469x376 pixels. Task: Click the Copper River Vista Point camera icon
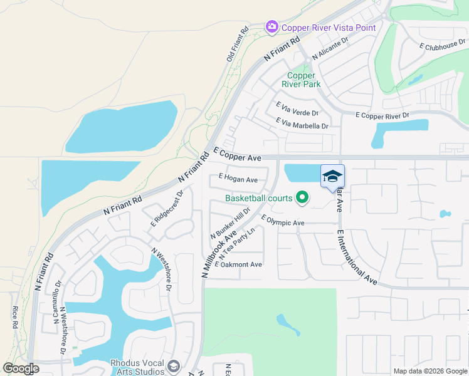(x=272, y=27)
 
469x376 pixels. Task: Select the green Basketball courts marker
(x=302, y=199)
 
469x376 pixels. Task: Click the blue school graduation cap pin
(x=332, y=175)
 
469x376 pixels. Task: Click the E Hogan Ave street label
(x=238, y=180)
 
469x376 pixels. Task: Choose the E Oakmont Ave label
(x=238, y=264)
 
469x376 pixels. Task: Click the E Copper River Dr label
(x=382, y=115)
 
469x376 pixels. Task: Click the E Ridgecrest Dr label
(x=166, y=209)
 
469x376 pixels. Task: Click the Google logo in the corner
(x=21, y=368)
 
